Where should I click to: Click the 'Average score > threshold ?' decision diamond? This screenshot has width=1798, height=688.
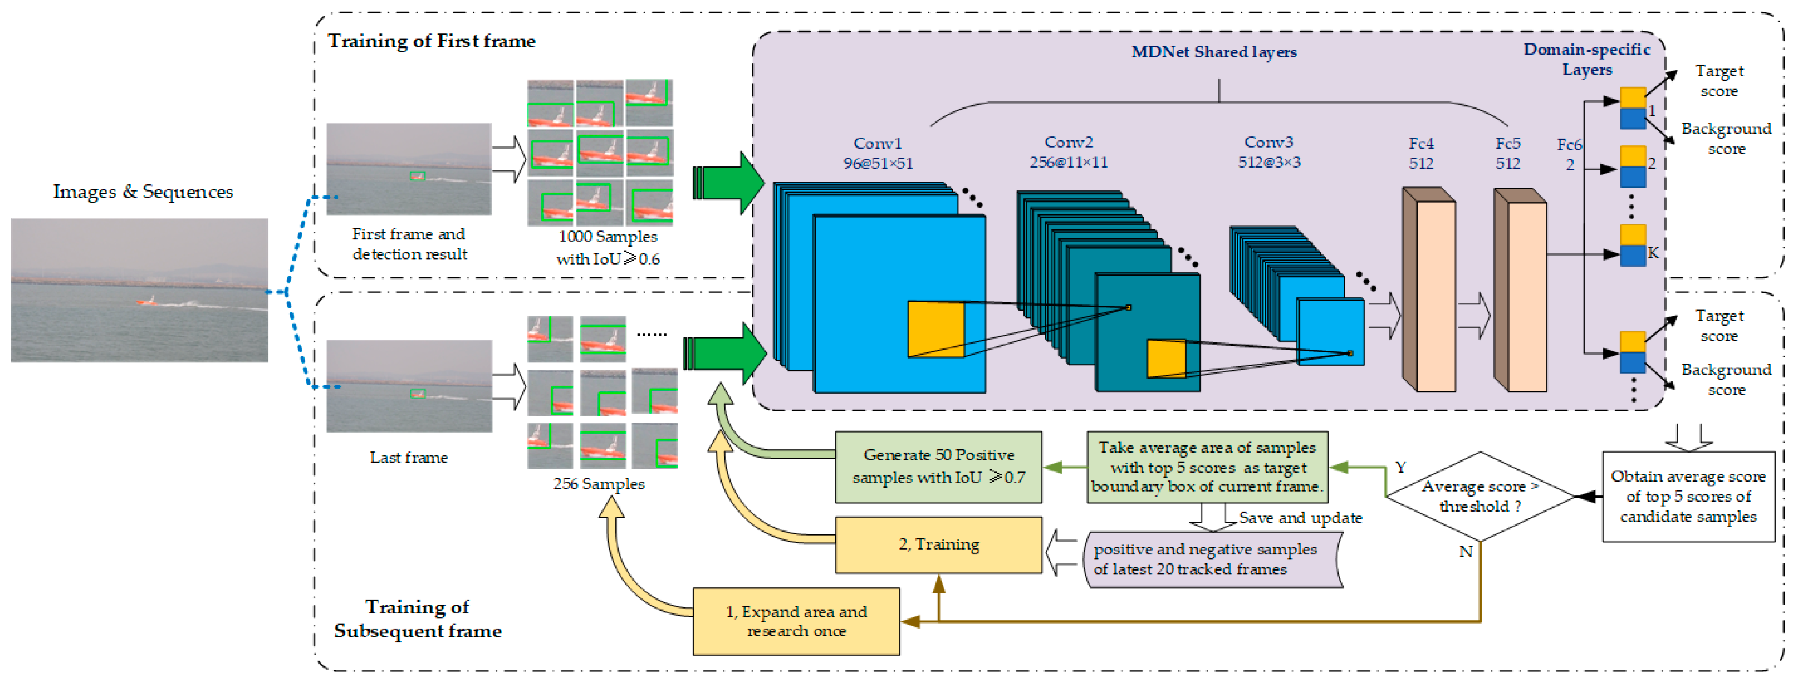1480,496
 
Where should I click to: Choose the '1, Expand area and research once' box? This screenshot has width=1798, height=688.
796,621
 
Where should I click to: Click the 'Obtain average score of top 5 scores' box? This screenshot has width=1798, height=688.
1688,496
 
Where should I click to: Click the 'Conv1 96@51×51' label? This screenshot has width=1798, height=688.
877,153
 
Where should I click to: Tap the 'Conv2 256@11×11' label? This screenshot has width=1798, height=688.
1068,152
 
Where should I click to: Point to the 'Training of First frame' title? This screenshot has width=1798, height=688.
431,41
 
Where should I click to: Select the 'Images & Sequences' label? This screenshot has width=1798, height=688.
143,192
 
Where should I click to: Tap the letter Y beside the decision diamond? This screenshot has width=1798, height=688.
1400,467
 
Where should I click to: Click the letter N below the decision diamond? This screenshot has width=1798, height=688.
1465,551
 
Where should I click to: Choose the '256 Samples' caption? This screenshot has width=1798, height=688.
598,483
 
